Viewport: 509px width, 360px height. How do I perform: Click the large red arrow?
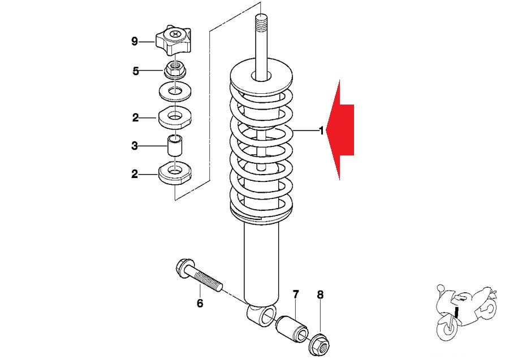click(343, 130)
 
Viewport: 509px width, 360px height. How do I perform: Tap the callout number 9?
click(135, 41)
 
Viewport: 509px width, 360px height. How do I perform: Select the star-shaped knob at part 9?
click(175, 40)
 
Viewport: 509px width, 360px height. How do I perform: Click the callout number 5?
click(136, 71)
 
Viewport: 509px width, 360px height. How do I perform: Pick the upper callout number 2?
click(136, 118)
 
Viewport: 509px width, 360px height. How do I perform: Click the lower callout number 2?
click(135, 174)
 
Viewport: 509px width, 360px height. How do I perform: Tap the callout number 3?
click(135, 146)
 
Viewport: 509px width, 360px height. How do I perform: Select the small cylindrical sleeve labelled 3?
click(174, 147)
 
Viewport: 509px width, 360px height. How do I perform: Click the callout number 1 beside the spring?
click(321, 131)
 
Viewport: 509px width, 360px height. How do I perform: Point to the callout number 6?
click(200, 303)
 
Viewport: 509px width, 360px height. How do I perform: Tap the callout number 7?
click(296, 294)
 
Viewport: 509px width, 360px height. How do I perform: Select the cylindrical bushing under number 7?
click(291, 328)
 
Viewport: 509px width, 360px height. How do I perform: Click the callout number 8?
click(320, 294)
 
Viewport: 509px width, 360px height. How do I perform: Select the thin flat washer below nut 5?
click(175, 89)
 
